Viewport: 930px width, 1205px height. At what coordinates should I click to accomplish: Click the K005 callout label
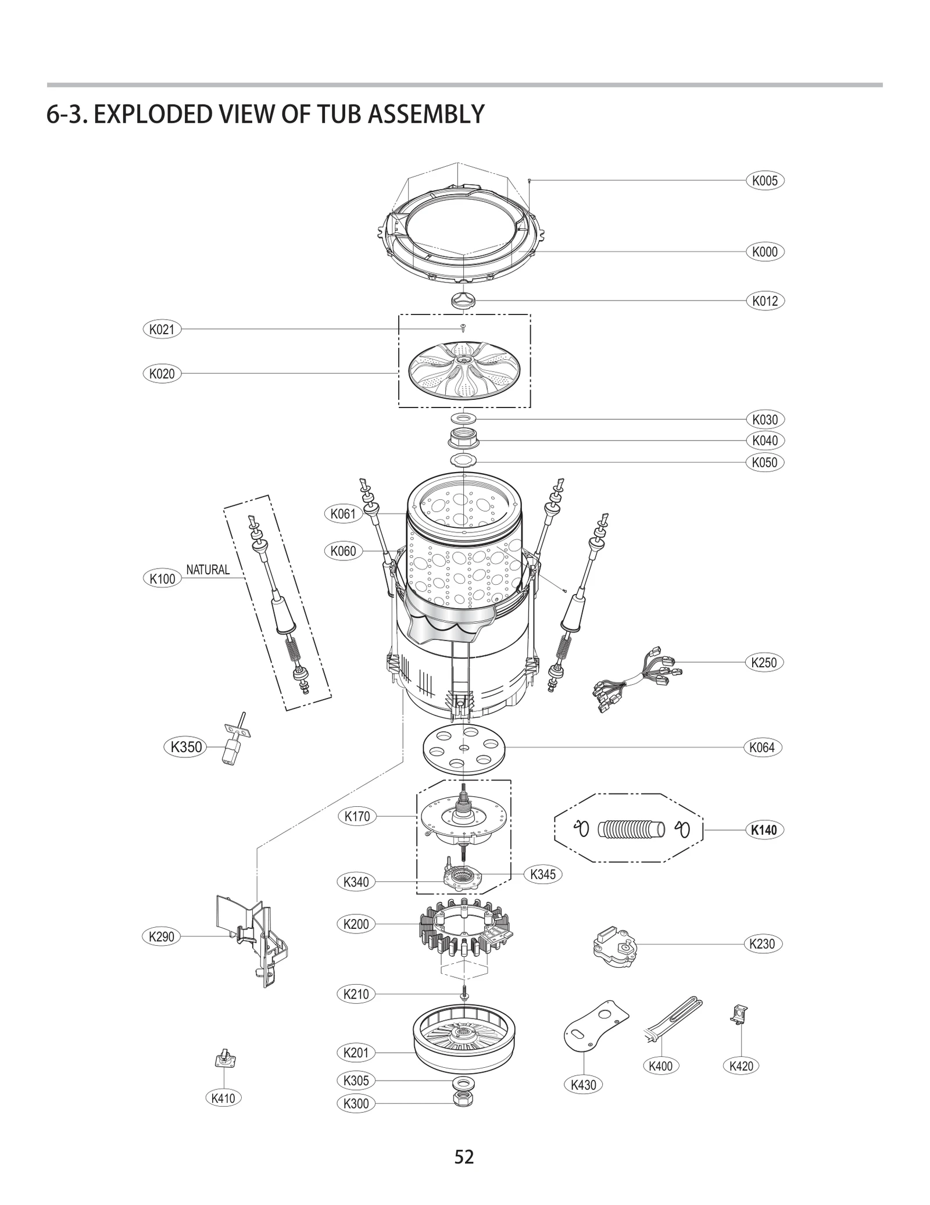pos(764,181)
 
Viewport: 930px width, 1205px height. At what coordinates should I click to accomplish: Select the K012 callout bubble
pos(764,301)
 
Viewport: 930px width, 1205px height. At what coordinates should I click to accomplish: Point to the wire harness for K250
pos(636,678)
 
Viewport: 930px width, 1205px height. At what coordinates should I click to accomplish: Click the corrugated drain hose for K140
pos(631,829)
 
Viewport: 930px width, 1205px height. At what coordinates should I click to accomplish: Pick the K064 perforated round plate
pos(463,748)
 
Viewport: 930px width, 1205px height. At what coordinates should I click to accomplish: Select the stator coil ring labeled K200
pos(465,935)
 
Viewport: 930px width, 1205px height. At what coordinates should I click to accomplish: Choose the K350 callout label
pos(186,747)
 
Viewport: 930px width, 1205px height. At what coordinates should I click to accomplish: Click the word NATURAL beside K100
pos(208,570)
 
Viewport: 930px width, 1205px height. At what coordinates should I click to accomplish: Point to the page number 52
pos(464,1157)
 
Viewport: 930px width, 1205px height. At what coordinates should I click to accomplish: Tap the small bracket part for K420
pos(739,1014)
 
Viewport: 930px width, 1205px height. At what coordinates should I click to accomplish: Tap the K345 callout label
pos(543,874)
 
